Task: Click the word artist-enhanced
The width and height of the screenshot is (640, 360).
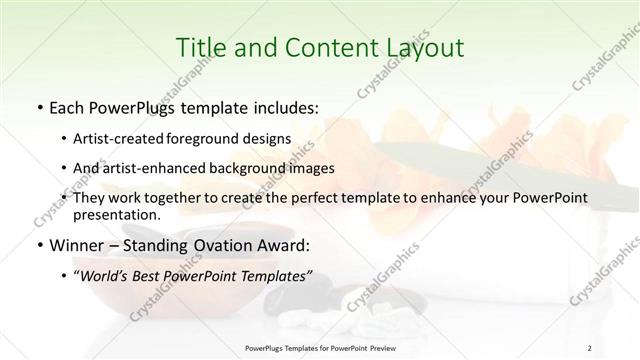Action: pyautogui.click(x=148, y=168)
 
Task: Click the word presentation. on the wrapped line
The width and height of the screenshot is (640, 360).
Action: pyautogui.click(x=117, y=214)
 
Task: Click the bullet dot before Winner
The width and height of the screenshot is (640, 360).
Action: pyautogui.click(x=38, y=243)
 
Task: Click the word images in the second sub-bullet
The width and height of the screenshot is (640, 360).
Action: pyautogui.click(x=311, y=168)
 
